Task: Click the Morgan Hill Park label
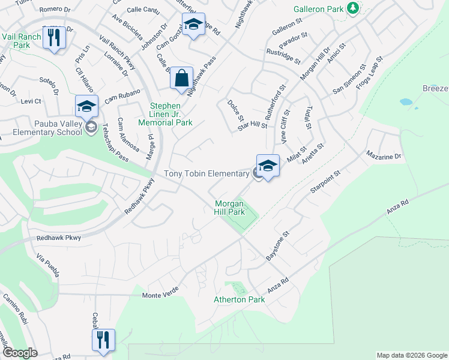[230, 208]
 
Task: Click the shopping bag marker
[181, 79]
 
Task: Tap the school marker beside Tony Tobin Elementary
[268, 166]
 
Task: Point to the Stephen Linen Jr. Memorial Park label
[171, 114]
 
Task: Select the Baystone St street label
[277, 246]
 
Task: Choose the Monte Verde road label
[161, 295]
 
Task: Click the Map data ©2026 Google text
[412, 355]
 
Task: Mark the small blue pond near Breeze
[406, 102]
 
